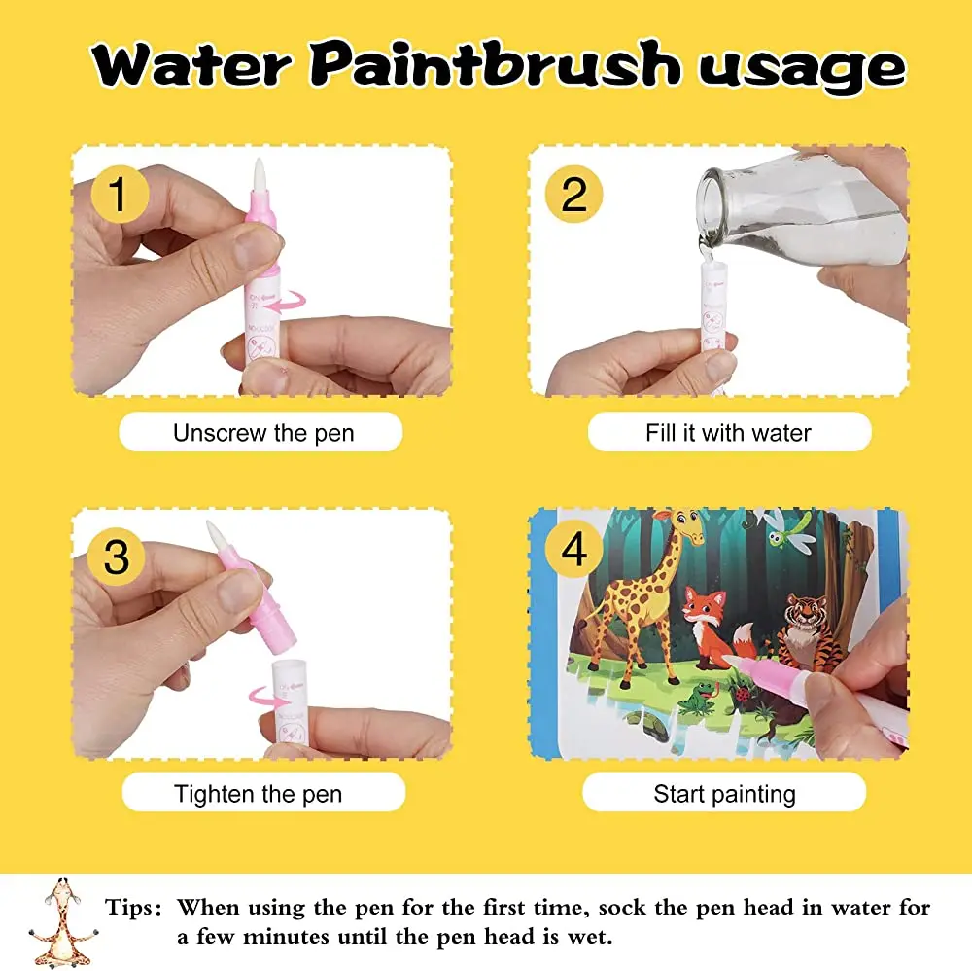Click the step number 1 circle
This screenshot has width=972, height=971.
point(118,194)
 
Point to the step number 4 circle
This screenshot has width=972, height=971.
point(574,551)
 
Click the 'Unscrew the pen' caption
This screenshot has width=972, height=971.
point(262,433)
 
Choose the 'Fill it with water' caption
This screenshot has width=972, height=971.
point(728,433)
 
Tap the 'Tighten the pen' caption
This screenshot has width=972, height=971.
point(259,794)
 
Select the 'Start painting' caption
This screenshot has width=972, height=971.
point(724,794)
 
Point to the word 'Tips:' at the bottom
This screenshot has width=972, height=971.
point(134,908)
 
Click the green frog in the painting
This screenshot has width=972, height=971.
point(698,697)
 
